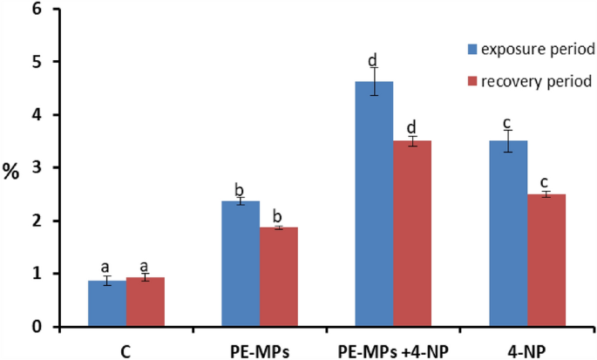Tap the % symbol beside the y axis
(x=11, y=171)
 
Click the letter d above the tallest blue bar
(x=372, y=60)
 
